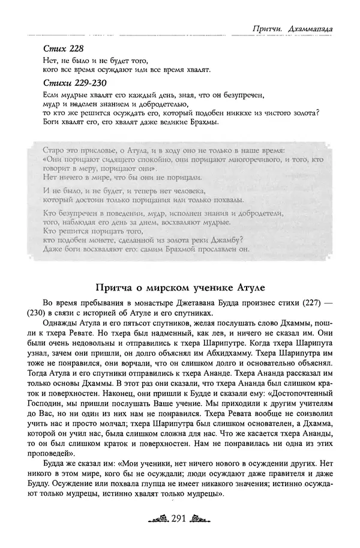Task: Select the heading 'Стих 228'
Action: pos(59,49)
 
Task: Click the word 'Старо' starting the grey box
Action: pos(56,149)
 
